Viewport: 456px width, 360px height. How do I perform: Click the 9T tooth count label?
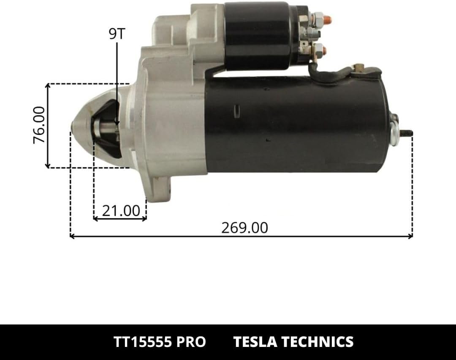coord(117,34)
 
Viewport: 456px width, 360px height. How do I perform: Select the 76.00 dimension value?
coord(39,125)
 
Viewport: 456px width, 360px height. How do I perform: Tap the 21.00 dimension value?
coord(121,211)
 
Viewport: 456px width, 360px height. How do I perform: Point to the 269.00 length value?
coord(244,227)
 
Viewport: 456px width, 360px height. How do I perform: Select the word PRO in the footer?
coord(191,342)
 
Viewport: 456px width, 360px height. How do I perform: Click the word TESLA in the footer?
coord(255,342)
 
